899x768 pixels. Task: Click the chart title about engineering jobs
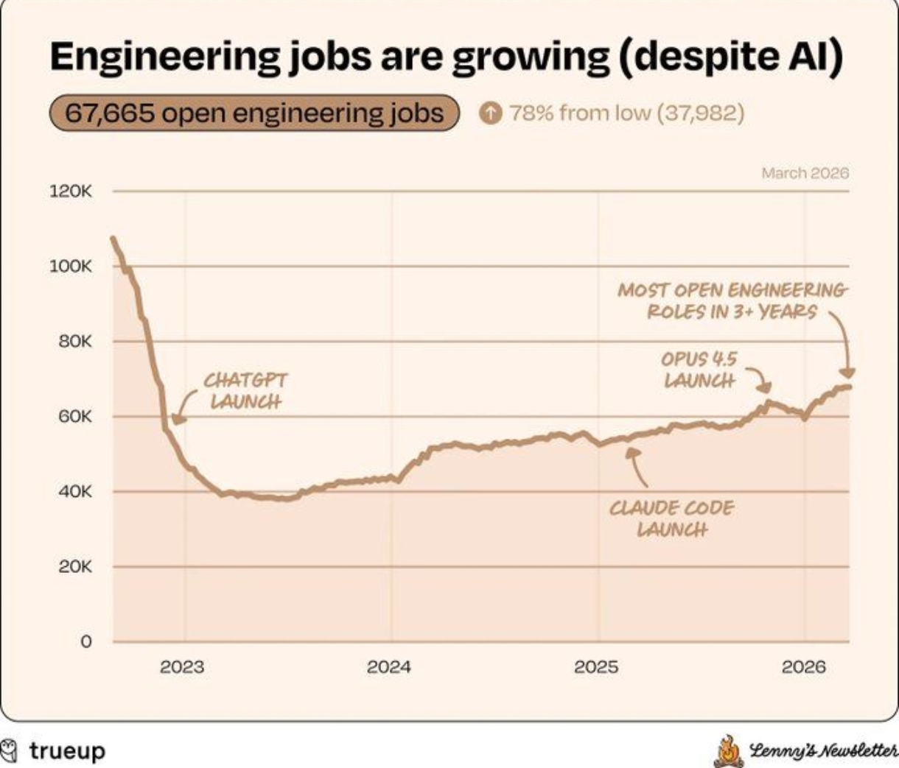tap(446, 58)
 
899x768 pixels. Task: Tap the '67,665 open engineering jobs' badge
tap(254, 113)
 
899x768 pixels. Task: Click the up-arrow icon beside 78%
tap(490, 113)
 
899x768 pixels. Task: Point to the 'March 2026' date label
tap(805, 173)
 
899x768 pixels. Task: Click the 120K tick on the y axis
tap(71, 191)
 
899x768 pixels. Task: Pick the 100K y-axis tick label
tap(71, 267)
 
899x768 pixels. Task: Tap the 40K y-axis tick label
tap(75, 491)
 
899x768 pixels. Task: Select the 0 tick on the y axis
tap(86, 642)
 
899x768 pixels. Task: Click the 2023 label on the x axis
tap(181, 667)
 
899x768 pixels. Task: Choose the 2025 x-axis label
tap(596, 667)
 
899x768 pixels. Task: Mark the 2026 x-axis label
tap(803, 667)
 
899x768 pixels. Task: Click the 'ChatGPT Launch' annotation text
tap(245, 391)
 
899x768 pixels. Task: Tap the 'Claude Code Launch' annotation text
tap(671, 518)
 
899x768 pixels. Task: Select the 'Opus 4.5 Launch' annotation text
tap(699, 370)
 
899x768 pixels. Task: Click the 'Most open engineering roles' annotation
tap(732, 300)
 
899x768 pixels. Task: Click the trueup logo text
tap(67, 751)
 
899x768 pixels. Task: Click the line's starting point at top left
tap(113, 238)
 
